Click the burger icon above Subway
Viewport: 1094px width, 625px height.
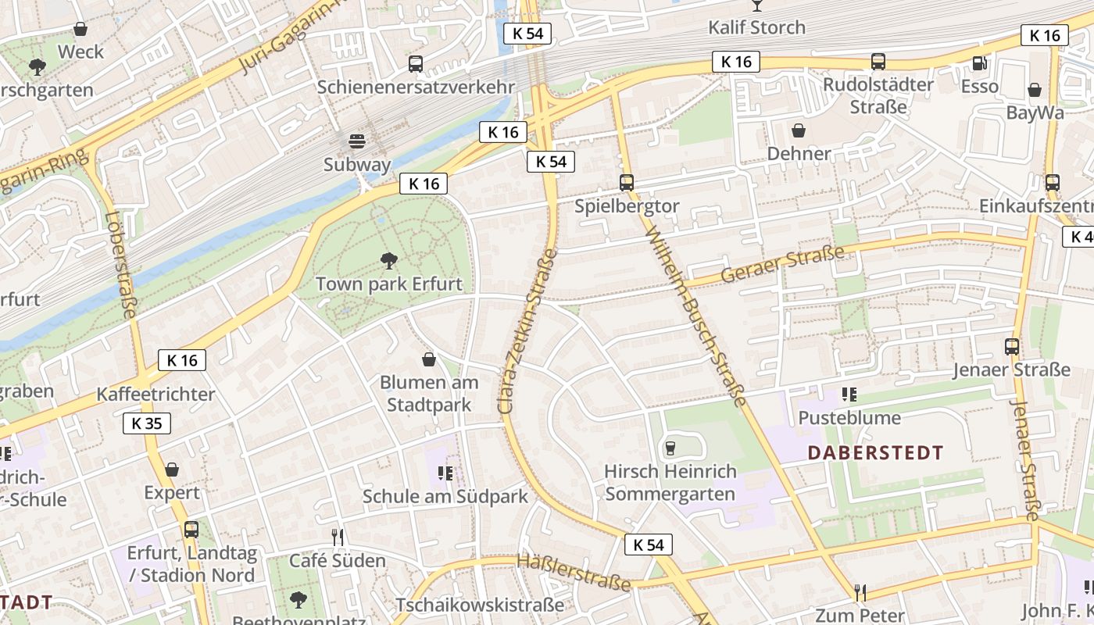(357, 141)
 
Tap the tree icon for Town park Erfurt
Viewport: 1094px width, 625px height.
(388, 260)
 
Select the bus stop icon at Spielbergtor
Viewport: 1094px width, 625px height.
(627, 183)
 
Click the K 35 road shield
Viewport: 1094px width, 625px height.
(147, 423)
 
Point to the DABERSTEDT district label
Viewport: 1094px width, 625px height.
(875, 452)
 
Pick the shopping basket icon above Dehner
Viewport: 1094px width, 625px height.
(799, 130)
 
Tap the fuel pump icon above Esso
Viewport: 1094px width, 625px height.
(979, 62)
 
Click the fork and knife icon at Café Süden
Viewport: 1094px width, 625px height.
(338, 537)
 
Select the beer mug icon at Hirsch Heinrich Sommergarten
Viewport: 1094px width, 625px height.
(670, 448)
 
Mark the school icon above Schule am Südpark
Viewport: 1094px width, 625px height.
(445, 473)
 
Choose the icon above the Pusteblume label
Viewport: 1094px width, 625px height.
(849, 395)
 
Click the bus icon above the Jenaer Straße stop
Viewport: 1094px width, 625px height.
(1012, 346)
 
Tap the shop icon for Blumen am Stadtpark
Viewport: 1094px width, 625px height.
(429, 359)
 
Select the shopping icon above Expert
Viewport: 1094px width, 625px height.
(172, 470)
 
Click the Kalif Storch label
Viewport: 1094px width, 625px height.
(756, 27)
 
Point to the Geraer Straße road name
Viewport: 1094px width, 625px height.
(782, 264)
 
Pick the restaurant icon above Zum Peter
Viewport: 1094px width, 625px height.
(860, 592)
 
